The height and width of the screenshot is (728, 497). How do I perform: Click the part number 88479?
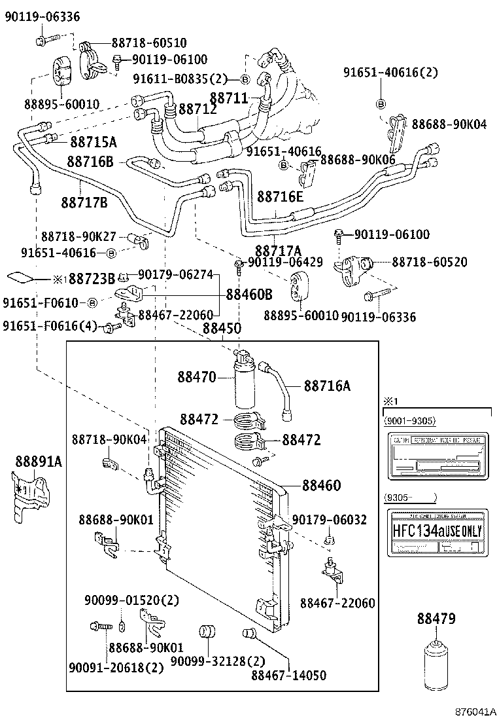(x=436, y=619)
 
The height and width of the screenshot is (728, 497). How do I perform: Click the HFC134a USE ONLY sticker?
(x=436, y=531)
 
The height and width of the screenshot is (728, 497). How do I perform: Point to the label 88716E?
(x=280, y=196)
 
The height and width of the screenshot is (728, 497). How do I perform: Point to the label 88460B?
(x=249, y=295)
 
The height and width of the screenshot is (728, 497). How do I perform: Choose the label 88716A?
(x=327, y=386)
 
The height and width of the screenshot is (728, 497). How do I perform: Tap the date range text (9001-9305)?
(x=410, y=420)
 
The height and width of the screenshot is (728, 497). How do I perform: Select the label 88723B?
(x=92, y=280)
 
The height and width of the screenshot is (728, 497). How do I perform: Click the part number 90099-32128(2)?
(x=209, y=662)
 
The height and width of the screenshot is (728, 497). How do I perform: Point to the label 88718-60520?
(x=430, y=261)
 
